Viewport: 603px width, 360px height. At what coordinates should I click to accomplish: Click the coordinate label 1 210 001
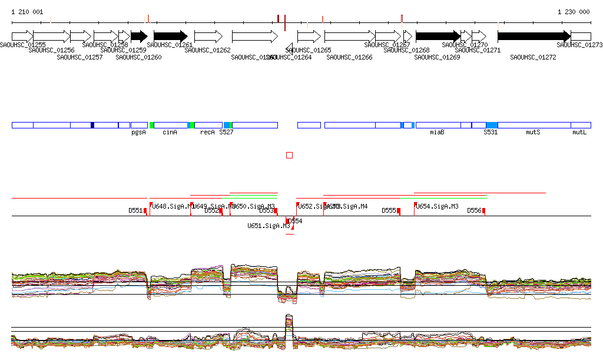coord(27,12)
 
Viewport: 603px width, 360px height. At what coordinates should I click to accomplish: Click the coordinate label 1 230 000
coord(574,12)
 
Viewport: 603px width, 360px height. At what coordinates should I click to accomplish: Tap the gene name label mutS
coord(533,133)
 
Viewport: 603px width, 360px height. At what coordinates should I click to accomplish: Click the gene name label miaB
coord(437,133)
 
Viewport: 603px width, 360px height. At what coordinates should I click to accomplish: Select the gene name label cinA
coord(170,133)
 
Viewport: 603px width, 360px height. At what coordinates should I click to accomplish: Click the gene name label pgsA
coord(138,133)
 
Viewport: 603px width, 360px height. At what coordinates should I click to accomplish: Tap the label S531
coord(491,133)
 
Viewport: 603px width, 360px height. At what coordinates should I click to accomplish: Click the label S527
coord(226,133)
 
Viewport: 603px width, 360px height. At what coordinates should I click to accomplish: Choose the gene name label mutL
coord(579,133)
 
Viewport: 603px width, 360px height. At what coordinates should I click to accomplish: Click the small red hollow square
coord(289,155)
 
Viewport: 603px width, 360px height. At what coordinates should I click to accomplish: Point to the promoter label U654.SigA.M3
coord(438,206)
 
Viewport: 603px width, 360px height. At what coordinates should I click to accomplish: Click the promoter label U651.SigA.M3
coord(269,226)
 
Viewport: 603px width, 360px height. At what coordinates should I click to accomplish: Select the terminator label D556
coord(475,210)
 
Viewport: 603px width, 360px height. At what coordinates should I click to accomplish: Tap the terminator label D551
coord(136,210)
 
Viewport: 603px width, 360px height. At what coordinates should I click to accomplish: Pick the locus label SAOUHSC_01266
coord(349,57)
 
